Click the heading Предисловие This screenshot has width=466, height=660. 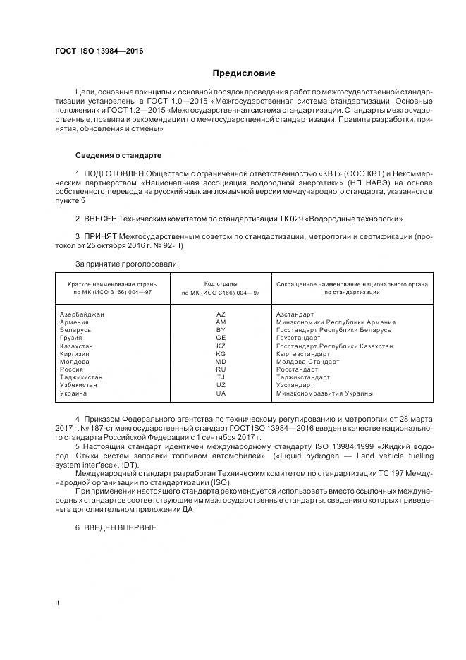tap(244, 73)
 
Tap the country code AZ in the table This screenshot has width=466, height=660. tap(221, 314)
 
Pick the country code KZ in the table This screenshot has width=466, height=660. tap(221, 346)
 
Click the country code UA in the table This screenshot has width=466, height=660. tap(221, 393)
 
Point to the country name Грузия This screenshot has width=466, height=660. tap(72, 338)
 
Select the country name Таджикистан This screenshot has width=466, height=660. tap(82, 377)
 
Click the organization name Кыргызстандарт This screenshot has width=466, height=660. tap(303, 354)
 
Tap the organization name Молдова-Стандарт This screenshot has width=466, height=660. tap(308, 362)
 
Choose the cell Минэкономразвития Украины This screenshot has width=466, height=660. tap(325, 393)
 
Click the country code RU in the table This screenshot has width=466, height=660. tap(221, 369)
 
